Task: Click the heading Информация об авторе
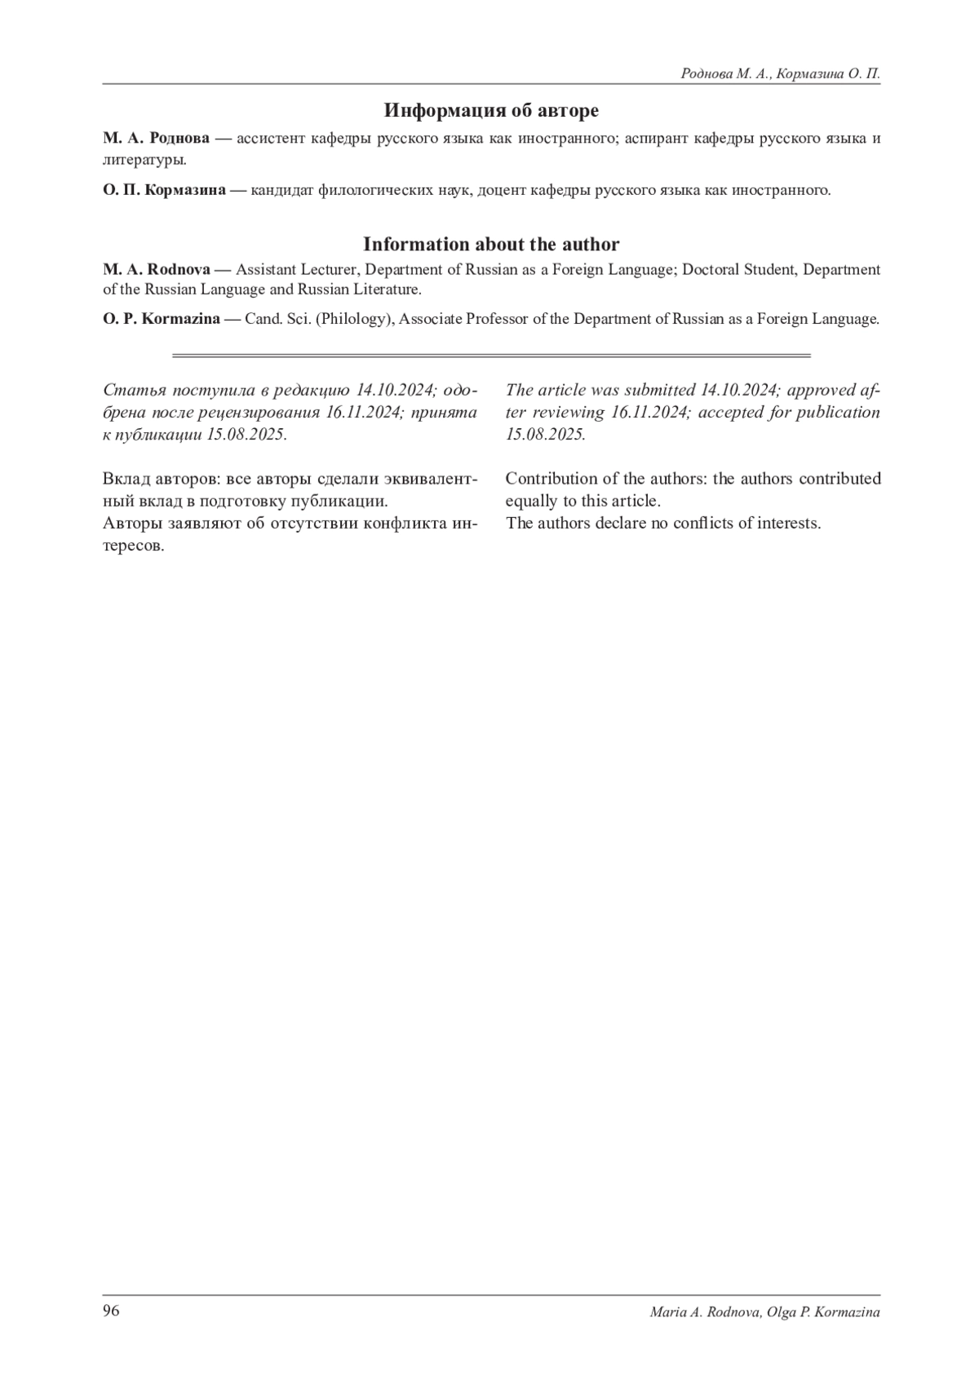coord(491,110)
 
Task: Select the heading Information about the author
coord(491,244)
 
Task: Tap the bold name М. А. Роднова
coord(156,138)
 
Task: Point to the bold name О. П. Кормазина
coord(164,191)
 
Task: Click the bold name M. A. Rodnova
coord(157,269)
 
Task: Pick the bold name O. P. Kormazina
coord(162,319)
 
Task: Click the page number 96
coord(111,1311)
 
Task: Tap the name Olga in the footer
coord(785,1312)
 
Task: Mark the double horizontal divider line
coord(491,356)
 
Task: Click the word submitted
coord(655,390)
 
